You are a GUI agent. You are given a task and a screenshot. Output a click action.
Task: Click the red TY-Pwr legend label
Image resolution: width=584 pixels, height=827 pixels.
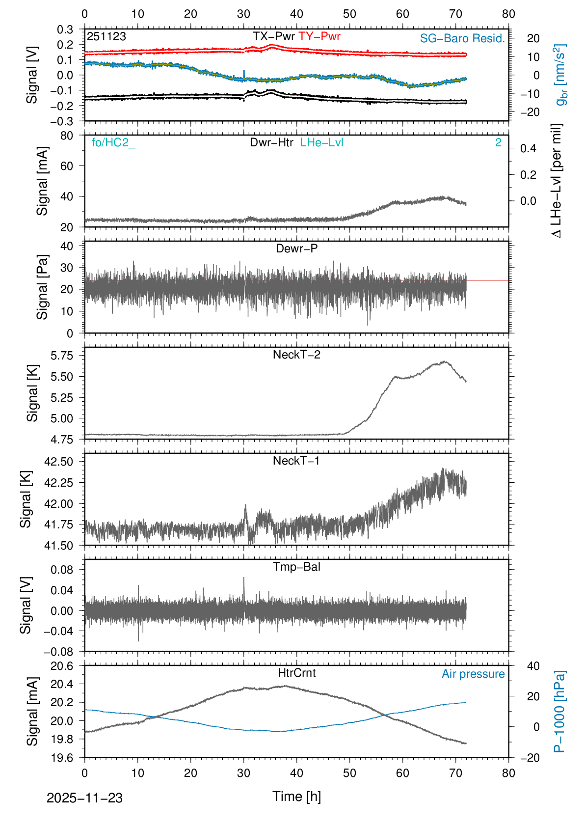click(319, 36)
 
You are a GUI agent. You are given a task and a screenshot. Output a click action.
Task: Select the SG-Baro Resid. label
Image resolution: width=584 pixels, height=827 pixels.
click(462, 38)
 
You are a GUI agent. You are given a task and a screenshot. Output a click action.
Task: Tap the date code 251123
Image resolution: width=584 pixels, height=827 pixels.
click(106, 36)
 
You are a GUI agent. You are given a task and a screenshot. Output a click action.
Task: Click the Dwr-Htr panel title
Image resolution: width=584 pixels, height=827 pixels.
click(271, 142)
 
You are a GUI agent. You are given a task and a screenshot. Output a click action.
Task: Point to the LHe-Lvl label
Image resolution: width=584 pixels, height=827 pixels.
click(321, 142)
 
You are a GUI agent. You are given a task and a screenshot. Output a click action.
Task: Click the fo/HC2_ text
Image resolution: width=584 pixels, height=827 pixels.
click(113, 142)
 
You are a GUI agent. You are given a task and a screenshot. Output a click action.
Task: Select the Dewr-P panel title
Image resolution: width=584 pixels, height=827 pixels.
click(296, 248)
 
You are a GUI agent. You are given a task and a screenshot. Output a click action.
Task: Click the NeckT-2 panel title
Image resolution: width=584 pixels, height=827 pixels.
click(296, 355)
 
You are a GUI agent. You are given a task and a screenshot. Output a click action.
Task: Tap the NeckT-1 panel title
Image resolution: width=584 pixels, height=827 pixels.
click(296, 461)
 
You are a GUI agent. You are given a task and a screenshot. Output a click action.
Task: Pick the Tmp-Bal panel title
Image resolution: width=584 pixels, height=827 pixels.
click(296, 567)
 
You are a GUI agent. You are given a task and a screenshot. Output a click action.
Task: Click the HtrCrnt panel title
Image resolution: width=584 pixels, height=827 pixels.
click(296, 673)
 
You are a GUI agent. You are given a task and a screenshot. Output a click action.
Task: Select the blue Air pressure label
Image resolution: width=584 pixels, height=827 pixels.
click(473, 674)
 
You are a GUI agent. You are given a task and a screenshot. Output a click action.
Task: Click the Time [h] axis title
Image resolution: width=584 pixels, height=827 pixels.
click(296, 796)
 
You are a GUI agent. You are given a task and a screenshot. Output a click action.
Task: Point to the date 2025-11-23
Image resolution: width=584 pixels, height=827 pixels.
click(84, 798)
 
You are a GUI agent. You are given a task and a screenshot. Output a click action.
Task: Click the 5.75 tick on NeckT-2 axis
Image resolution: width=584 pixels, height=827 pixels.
click(62, 355)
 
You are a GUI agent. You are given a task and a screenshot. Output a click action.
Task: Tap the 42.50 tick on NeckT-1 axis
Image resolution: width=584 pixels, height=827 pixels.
click(58, 462)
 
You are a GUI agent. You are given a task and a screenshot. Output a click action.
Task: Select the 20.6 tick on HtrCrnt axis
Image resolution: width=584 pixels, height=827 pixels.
click(62, 666)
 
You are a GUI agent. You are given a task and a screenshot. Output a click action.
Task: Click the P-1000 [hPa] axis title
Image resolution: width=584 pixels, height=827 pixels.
click(559, 712)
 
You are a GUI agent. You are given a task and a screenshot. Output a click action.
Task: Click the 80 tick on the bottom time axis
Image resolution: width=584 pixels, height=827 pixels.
click(508, 773)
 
